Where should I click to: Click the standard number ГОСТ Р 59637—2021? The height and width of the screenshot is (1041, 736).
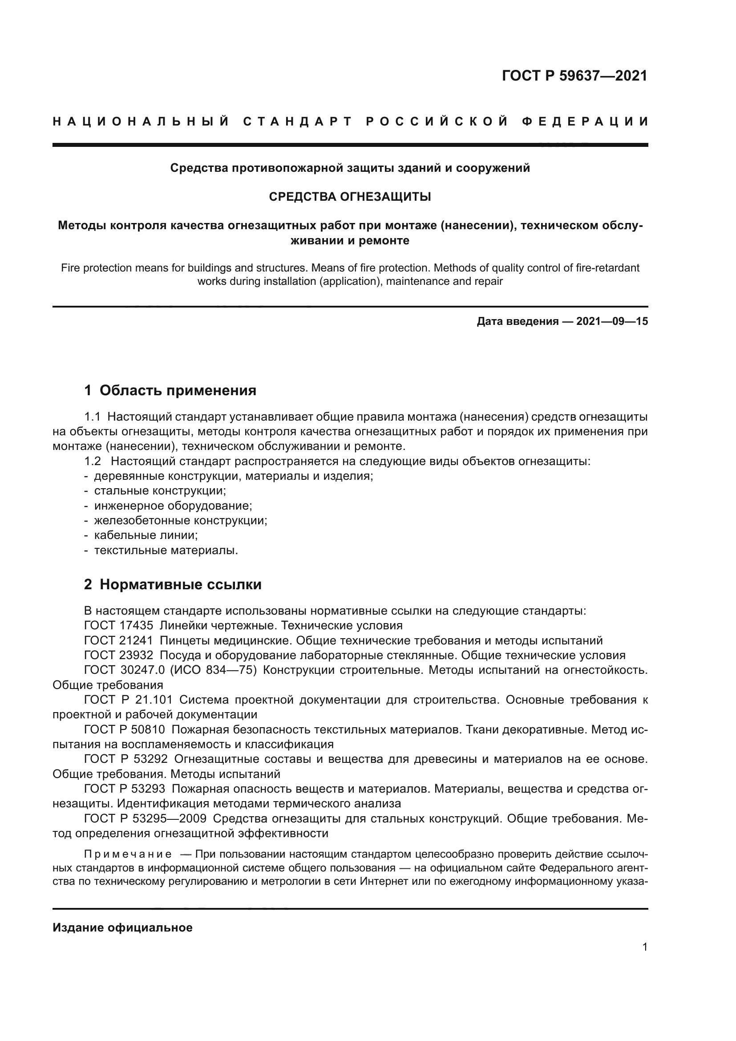coord(574,76)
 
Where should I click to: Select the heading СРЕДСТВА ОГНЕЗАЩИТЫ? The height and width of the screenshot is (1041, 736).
coord(350,197)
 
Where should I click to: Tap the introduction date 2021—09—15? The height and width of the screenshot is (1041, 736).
coord(612,321)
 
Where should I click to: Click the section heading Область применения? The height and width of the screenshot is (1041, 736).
coord(178,390)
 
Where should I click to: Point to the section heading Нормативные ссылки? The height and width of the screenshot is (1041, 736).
coord(180,585)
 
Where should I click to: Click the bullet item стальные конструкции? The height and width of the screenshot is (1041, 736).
coord(160,490)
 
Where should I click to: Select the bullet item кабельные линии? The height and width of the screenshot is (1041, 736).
coord(146,535)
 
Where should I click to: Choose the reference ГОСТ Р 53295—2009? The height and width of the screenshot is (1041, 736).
coord(145,819)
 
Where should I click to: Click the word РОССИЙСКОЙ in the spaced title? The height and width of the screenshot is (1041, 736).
coord(437,122)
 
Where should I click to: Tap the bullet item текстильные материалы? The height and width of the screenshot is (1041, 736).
coord(166,551)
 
